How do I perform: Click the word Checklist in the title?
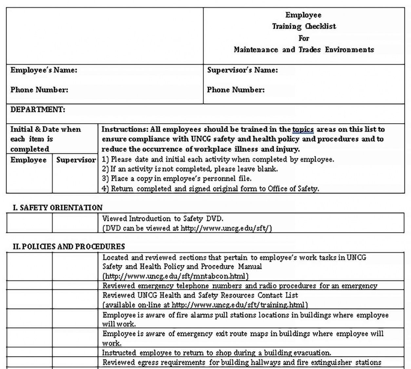click(x=321, y=27)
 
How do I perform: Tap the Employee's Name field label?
click(x=44, y=70)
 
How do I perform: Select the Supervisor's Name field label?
click(x=242, y=70)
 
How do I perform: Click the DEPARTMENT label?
click(x=38, y=110)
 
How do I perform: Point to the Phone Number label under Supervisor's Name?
click(x=236, y=90)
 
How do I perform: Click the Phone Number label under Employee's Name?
click(x=39, y=90)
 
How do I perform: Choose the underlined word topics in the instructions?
click(x=303, y=129)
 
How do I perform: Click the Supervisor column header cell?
click(x=76, y=160)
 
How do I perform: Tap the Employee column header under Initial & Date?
click(x=29, y=160)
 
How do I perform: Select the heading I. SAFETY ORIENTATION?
click(x=58, y=207)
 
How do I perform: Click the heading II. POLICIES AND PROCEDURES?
click(x=69, y=246)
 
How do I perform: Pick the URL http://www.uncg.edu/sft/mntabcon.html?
click(x=176, y=276)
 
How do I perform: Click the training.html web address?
click(x=239, y=305)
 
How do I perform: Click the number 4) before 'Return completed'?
click(x=105, y=188)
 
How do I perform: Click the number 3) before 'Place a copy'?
click(x=105, y=179)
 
